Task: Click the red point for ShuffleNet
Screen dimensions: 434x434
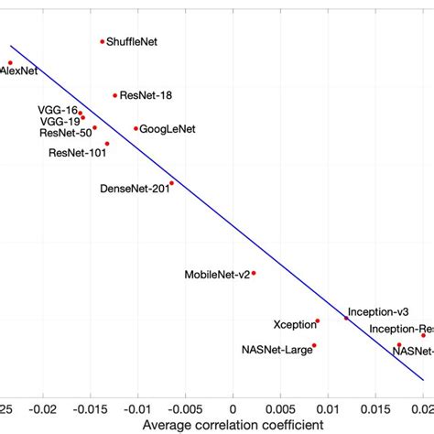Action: coord(103,41)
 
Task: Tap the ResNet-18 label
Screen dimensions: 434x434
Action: coord(146,95)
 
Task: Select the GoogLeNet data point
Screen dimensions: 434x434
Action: coord(136,128)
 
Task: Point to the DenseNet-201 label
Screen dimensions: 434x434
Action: coord(133,189)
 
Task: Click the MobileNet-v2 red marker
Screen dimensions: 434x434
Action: coord(254,273)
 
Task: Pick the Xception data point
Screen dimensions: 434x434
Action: coord(318,321)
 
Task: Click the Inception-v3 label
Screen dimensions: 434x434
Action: coord(378,312)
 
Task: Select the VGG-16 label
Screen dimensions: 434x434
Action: coord(58,110)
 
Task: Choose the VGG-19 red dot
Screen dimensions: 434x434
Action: coord(83,118)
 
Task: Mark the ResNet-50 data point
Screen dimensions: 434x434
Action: coord(94,128)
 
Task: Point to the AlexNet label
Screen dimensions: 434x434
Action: coord(18,71)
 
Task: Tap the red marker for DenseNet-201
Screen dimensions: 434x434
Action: coord(171,183)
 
